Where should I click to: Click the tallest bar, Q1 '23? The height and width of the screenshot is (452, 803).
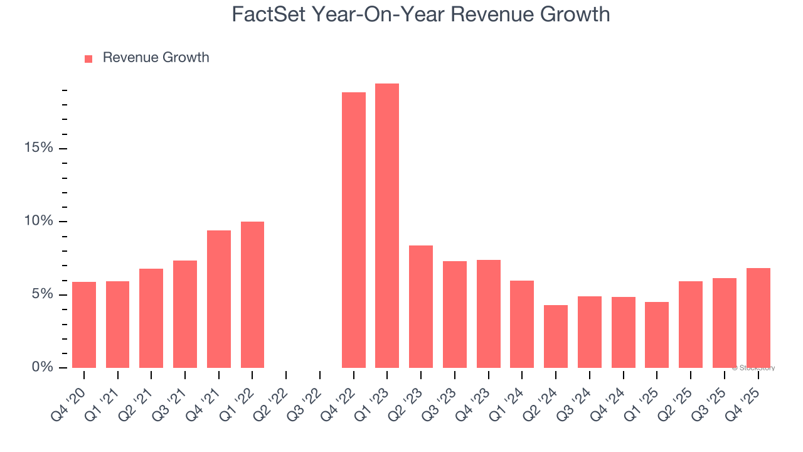(x=387, y=226)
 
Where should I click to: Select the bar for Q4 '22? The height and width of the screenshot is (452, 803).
(x=353, y=230)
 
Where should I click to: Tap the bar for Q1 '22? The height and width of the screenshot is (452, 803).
(x=252, y=295)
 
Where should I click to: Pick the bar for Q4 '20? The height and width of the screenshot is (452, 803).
(x=84, y=325)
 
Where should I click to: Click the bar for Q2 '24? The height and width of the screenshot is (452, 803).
(x=556, y=336)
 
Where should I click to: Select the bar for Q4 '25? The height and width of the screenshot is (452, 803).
(x=758, y=318)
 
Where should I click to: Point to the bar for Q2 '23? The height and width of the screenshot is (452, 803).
(x=421, y=307)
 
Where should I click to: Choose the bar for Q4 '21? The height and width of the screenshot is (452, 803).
(x=218, y=299)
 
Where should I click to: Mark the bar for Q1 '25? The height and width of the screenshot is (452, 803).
(x=657, y=335)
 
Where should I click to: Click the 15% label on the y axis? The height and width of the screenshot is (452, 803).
(x=39, y=148)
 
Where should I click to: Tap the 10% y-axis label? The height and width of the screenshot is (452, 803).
(x=39, y=222)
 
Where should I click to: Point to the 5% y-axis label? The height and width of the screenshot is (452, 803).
(x=43, y=294)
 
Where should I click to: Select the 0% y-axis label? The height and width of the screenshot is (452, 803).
(x=43, y=367)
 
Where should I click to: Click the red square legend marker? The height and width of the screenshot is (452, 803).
(x=88, y=58)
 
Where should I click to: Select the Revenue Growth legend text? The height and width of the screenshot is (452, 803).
(x=156, y=58)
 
